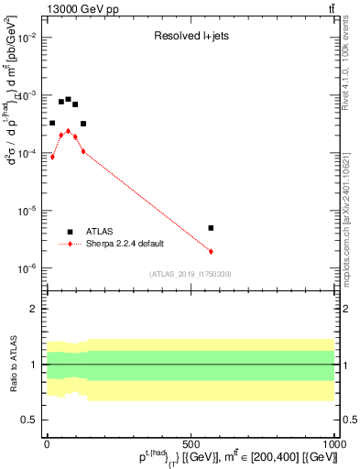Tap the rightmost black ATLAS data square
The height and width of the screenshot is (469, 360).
coord(211,228)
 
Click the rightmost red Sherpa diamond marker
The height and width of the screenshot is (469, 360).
coord(211,251)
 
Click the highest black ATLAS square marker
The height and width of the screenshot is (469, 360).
coord(68,99)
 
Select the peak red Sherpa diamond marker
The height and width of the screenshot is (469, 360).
coord(68,131)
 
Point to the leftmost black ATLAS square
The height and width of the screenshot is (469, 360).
coord(52,123)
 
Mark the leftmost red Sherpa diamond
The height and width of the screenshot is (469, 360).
coord(52,157)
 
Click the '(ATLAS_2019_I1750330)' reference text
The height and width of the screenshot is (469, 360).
coord(190,274)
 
